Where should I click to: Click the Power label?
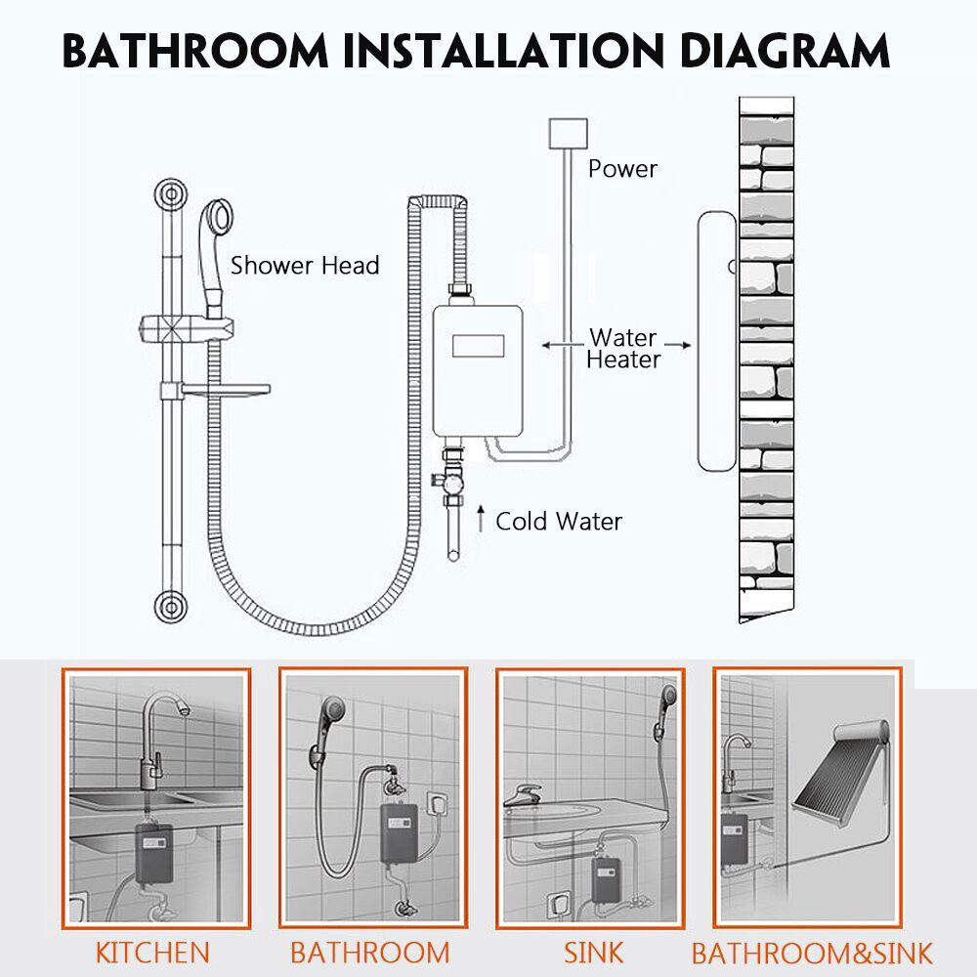(x=622, y=169)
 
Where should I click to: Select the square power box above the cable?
(x=569, y=133)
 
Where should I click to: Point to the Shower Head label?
(x=305, y=265)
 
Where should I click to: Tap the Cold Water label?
(x=558, y=521)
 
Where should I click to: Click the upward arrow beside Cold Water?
(x=481, y=520)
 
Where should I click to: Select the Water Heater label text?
(x=624, y=349)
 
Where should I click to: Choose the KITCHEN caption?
(x=152, y=952)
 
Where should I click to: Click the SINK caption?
(x=593, y=952)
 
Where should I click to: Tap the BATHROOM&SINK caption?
(x=812, y=953)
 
